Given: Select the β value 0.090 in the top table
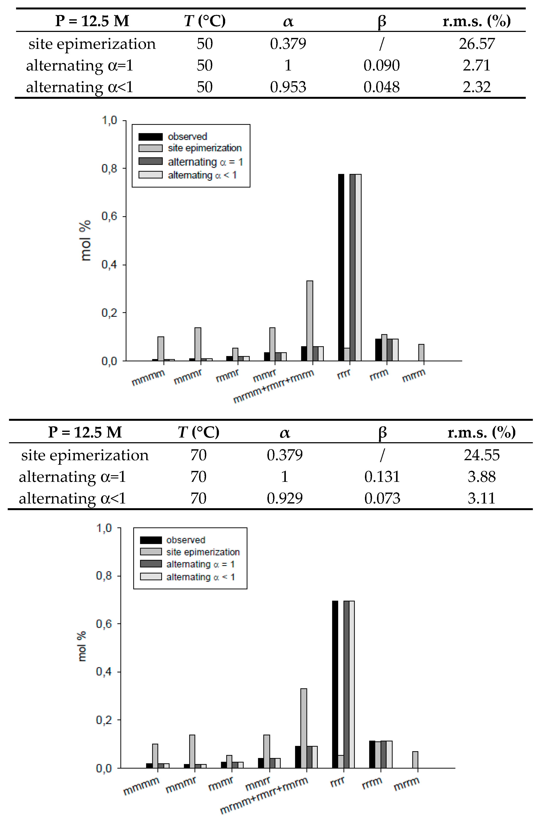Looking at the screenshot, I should (x=381, y=66).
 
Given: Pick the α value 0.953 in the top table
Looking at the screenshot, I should (x=288, y=87).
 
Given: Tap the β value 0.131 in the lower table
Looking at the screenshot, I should (x=382, y=477).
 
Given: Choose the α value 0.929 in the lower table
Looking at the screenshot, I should (x=285, y=498).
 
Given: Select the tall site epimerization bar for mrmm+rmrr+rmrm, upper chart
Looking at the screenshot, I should (x=310, y=321).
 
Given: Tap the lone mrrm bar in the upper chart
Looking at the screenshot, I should (x=421, y=353).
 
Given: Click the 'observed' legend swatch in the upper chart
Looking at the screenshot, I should (x=150, y=137).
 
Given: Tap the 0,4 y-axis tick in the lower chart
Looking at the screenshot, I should (x=104, y=672).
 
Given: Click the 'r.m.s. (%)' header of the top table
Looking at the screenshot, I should (x=476, y=21).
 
